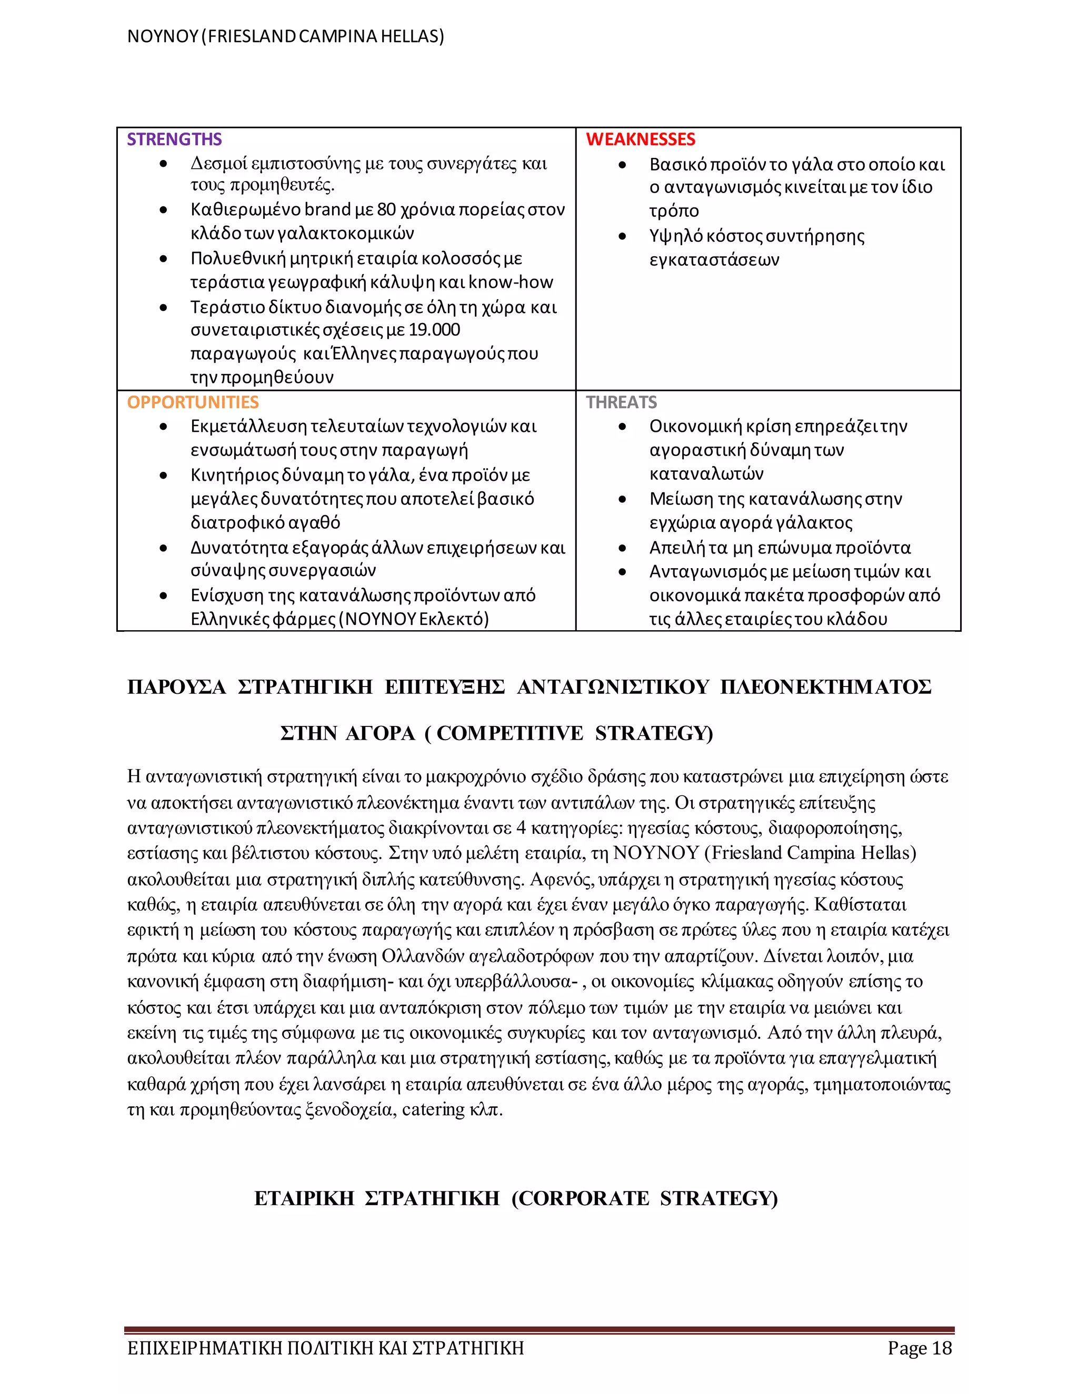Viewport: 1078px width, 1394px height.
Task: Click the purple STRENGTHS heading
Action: tap(174, 139)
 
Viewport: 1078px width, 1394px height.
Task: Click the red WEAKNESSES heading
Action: tap(640, 139)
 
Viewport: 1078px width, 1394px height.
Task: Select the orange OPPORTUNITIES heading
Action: tap(192, 402)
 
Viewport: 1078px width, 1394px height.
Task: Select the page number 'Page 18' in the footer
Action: tap(919, 1348)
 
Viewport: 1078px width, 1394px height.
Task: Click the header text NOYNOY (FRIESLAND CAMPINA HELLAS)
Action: tap(285, 36)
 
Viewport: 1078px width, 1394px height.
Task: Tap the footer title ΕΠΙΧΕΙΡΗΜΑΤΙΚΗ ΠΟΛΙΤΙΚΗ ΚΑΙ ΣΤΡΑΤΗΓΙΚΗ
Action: tap(325, 1348)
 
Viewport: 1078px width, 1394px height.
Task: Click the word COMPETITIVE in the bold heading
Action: tap(510, 733)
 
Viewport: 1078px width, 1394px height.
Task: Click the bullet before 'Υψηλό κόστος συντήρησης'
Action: tap(622, 237)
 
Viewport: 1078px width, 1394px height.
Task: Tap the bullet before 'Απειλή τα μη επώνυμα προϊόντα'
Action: tap(622, 548)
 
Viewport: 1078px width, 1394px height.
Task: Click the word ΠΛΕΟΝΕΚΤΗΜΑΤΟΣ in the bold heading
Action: tap(825, 688)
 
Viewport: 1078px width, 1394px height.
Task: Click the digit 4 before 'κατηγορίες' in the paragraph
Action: tap(521, 828)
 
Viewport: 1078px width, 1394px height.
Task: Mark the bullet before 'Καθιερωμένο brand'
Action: tap(164, 210)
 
